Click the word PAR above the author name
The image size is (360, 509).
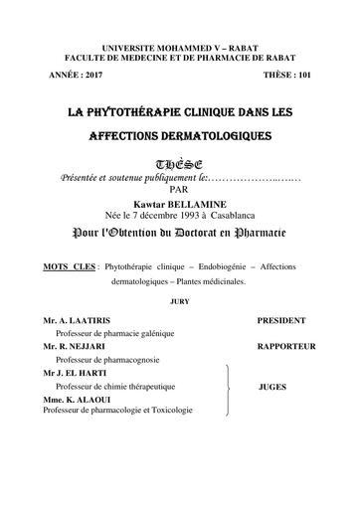179,186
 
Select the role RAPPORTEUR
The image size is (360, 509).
286,347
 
